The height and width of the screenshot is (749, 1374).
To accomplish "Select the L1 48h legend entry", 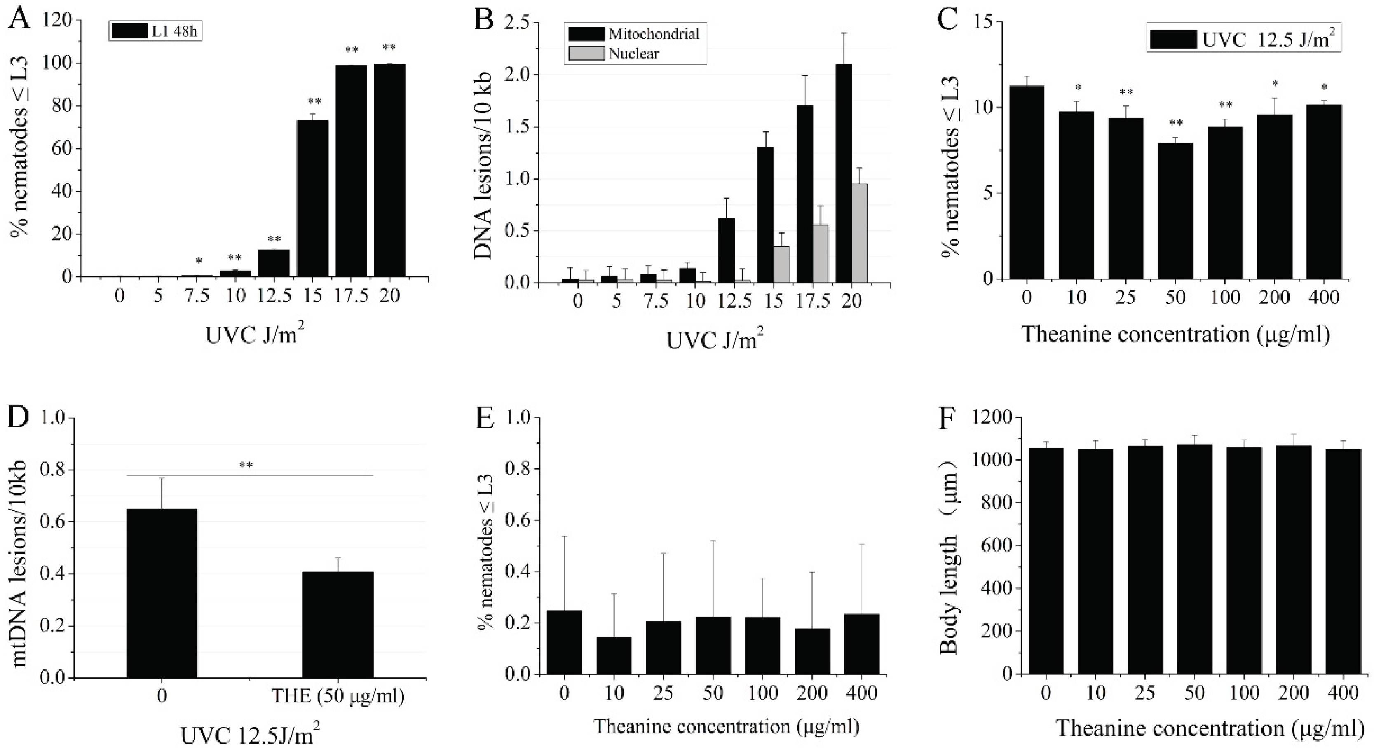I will [155, 31].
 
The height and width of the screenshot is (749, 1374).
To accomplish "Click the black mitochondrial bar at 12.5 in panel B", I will [727, 250].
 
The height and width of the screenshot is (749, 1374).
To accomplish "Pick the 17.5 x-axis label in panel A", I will [352, 295].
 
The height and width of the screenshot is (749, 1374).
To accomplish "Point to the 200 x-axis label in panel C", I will [1274, 297].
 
